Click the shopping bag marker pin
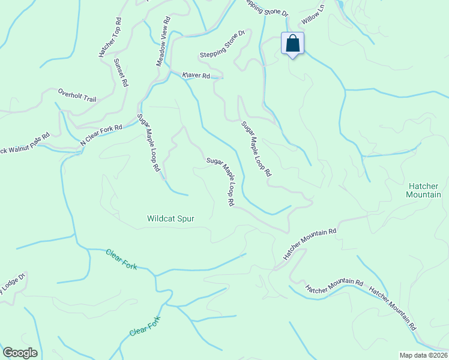(292, 44)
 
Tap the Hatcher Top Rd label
(110, 37)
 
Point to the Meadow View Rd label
(162, 41)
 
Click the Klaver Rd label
(196, 76)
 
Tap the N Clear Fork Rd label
(101, 136)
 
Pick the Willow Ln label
(313, 14)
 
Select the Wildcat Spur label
(171, 219)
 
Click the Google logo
(20, 353)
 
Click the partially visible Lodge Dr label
(12, 284)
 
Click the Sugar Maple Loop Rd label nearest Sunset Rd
(149, 143)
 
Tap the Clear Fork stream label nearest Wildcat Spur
(121, 259)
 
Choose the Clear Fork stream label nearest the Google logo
(146, 325)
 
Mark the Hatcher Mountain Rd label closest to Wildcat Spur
(310, 243)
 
